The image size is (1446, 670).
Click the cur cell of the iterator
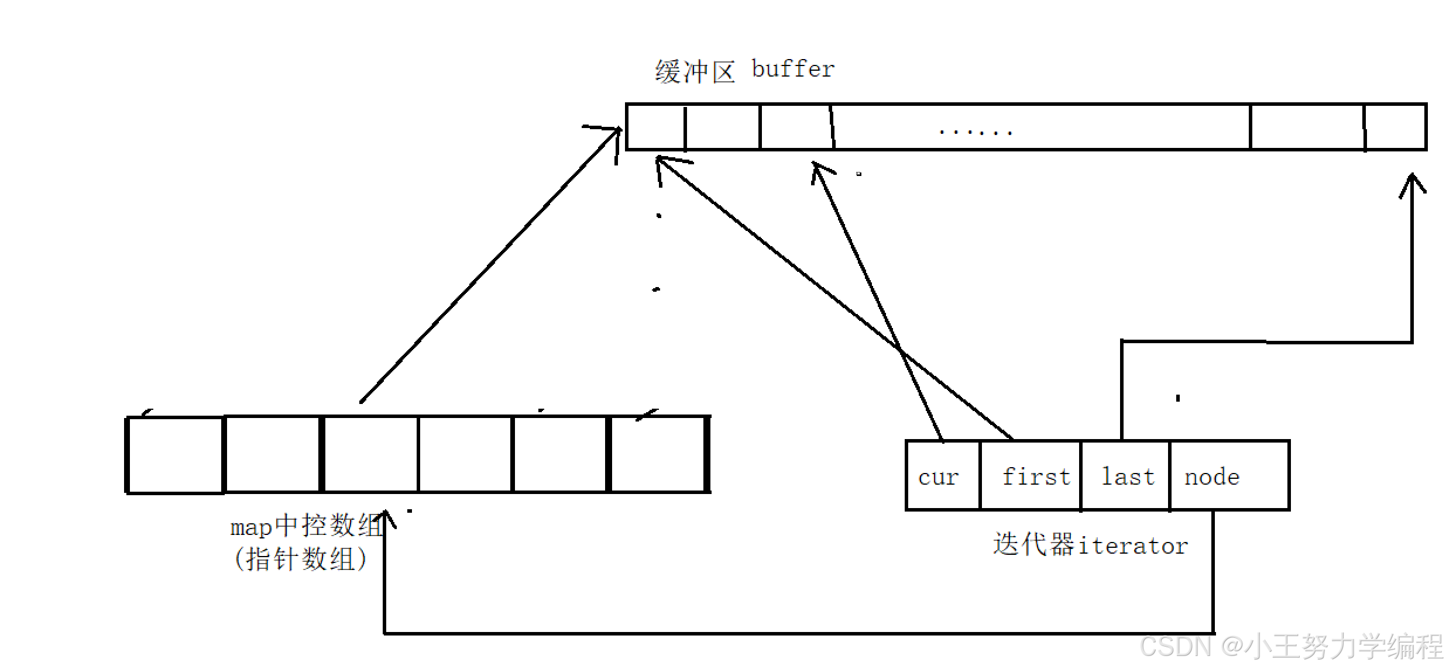[942, 476]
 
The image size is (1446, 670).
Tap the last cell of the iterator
[1125, 476]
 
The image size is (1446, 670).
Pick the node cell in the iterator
[1229, 476]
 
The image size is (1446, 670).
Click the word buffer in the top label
[793, 70]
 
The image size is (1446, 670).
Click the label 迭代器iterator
[1090, 545]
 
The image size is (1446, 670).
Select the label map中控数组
[307, 526]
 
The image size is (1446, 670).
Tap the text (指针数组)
[301, 559]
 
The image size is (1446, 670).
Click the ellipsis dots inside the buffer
[975, 132]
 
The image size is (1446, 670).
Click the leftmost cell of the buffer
[655, 127]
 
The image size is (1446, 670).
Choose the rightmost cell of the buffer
[1395, 127]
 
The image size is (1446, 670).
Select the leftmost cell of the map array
[176, 455]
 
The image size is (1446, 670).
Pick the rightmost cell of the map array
[658, 455]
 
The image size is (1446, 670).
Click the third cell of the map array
[370, 455]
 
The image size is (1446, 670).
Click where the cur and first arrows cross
[901, 351]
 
